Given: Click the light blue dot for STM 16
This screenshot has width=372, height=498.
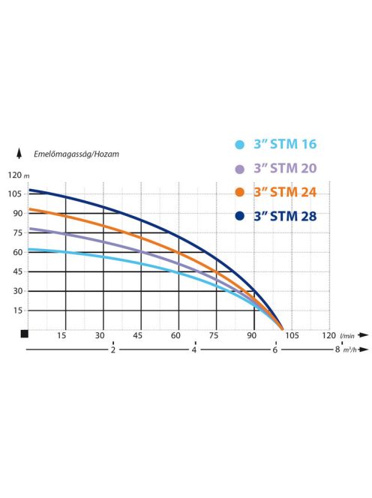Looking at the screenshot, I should pos(239,145).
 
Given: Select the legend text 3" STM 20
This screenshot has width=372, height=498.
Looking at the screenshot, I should pos(286,169).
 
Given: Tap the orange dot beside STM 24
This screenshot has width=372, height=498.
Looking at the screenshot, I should pos(239,192).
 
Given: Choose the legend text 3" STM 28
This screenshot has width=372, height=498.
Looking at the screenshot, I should pos(286,217).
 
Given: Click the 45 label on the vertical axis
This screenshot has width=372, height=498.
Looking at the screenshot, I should pos(16,271).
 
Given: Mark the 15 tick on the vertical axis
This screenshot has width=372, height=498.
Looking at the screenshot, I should pos(16,310).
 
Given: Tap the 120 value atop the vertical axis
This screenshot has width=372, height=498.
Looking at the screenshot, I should pos(14,175).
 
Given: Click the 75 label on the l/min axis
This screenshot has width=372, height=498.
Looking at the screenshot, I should pos(215,335).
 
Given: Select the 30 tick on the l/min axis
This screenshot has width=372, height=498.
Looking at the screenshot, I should pos(100,335).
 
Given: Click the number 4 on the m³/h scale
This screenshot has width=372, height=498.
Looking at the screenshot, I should pos(194,350).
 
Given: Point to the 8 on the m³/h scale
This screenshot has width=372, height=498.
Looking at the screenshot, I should pos(337,350).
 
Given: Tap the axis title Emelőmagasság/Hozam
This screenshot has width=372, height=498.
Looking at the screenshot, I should pos(76,154).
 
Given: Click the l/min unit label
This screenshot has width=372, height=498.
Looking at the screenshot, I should pos(347,336).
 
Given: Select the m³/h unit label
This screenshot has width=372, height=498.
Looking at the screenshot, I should pos(349,350).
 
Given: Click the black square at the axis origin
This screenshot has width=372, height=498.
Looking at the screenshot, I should pos(24,334).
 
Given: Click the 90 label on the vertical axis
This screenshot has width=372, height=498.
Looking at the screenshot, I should pos(16,213).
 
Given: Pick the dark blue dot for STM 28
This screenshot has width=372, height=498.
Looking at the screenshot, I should pos(239,217).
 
